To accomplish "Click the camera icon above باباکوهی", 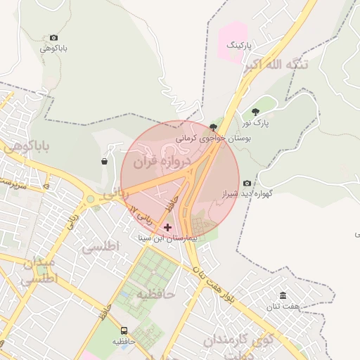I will click(54, 38).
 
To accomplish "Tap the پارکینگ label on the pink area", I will click(238, 45).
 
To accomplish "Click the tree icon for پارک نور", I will click(255, 112).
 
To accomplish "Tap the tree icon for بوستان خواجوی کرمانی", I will click(213, 127).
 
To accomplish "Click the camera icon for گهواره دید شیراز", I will click(247, 183).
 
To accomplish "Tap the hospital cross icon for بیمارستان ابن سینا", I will click(167, 227).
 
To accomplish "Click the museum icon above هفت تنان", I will click(283, 295).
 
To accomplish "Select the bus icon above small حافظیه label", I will click(124, 330).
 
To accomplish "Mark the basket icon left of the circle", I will click(105, 161).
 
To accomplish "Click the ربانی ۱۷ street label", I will click(141, 214).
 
